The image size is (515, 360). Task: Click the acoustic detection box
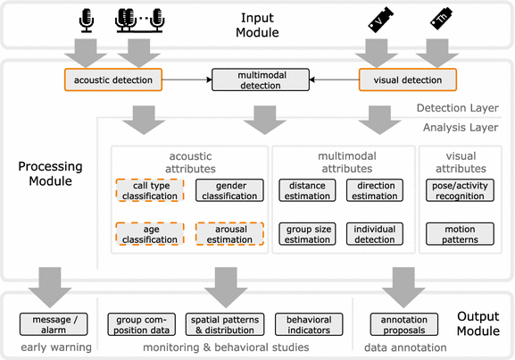point(112,80)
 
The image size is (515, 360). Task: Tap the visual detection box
point(408,80)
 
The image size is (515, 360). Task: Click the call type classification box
point(149,189)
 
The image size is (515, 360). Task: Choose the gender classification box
point(230,189)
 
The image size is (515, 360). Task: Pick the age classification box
point(149,234)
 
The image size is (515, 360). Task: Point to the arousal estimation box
point(230,234)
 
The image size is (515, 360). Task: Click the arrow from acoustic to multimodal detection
point(185,80)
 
